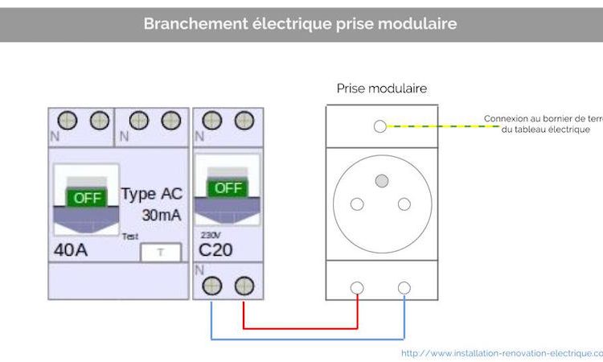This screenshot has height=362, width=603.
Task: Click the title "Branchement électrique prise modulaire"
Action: point(301,23)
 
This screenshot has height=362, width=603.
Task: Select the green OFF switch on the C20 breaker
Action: point(228,187)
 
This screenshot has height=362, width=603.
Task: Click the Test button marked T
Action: point(160,252)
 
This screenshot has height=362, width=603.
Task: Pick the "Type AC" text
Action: point(152,194)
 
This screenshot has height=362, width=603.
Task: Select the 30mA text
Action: point(161,216)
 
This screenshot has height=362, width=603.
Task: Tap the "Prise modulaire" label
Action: point(381,88)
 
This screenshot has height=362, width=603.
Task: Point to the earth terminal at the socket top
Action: point(381,126)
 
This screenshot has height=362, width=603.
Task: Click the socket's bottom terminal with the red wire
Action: point(357,287)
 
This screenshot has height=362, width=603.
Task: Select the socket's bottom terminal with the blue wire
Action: point(404,287)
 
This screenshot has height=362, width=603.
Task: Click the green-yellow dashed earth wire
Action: point(434,126)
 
